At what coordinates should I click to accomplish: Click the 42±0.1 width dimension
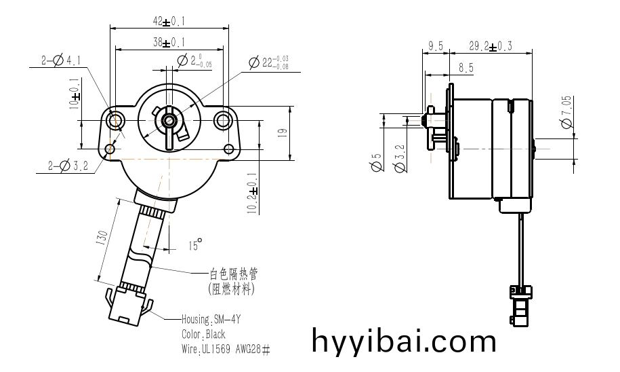168,21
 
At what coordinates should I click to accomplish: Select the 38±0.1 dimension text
168,42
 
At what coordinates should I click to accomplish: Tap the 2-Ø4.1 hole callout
62,61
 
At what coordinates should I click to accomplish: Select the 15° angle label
195,244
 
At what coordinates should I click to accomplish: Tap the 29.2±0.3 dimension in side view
491,46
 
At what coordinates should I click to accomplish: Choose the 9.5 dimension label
435,46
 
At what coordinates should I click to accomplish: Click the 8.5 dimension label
466,68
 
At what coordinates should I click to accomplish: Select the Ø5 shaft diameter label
375,164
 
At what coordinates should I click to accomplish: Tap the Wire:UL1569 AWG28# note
226,349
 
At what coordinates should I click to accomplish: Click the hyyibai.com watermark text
404,339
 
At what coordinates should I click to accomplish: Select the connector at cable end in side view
519,305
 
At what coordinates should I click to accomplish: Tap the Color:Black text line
203,334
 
